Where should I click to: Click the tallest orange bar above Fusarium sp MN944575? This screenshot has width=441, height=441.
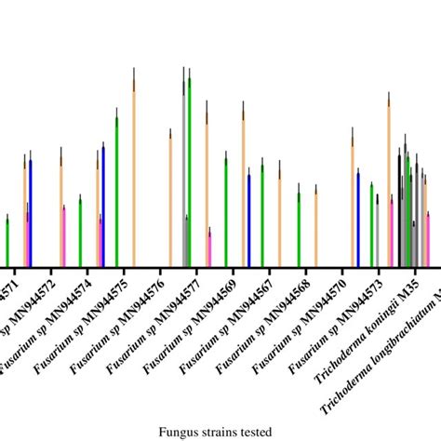134,177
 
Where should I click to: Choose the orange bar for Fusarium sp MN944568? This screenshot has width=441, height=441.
315,229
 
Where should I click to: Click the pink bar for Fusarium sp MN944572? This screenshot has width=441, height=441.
64,237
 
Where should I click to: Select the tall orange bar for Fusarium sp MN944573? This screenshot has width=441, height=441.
389,186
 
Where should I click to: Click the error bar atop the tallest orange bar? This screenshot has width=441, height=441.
134,74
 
